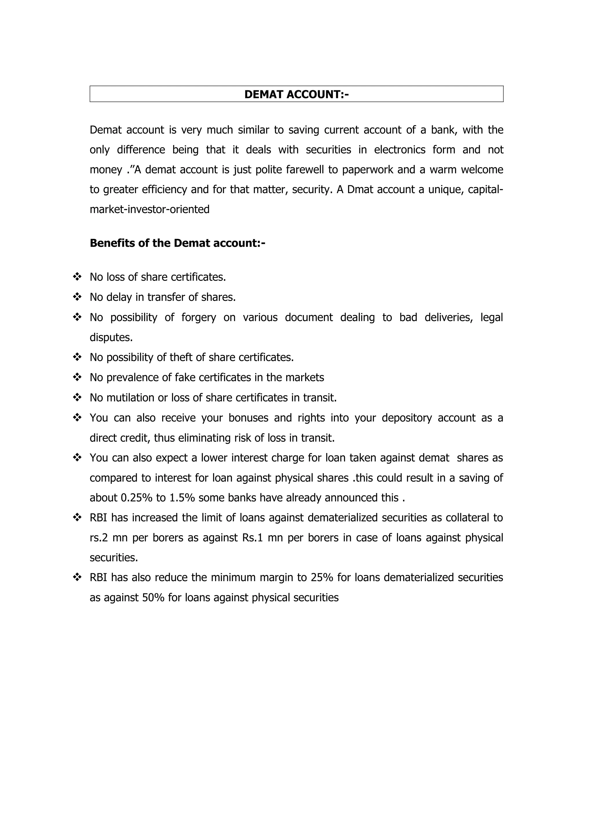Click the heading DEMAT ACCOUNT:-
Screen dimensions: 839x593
pos(296,94)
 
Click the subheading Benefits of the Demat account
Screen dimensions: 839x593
pos(177,243)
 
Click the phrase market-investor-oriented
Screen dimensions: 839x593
pos(149,209)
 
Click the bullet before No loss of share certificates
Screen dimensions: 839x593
pos(77,277)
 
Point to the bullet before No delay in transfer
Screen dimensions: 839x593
pos(77,297)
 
